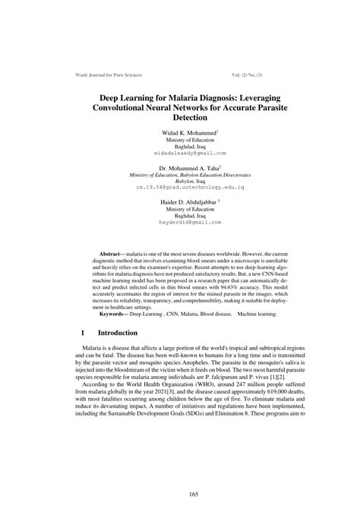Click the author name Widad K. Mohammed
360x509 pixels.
click(179, 134)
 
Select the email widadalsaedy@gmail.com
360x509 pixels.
click(179, 153)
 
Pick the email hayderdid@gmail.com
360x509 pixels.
click(179, 223)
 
